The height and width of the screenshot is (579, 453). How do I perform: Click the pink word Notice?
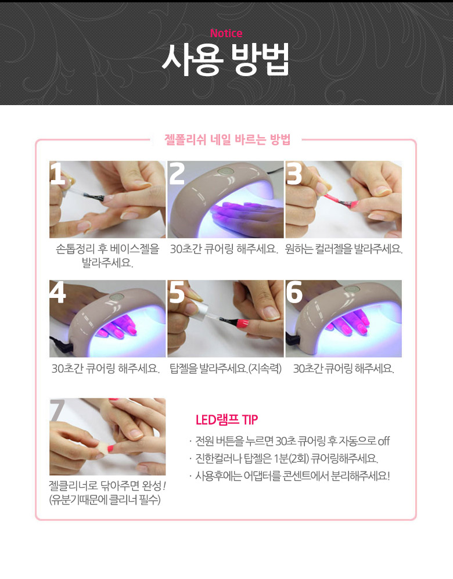click(226, 33)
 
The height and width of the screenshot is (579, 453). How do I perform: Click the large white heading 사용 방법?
click(225, 59)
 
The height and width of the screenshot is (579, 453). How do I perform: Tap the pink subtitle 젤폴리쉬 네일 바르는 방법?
click(227, 139)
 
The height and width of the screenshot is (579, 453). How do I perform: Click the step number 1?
click(57, 173)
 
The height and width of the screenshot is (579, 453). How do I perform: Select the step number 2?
click(177, 173)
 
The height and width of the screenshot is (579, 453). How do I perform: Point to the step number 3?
click(294, 174)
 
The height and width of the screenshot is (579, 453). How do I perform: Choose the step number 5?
click(177, 292)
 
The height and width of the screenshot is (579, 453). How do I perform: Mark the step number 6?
click(294, 292)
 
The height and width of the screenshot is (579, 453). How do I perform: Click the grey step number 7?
click(57, 410)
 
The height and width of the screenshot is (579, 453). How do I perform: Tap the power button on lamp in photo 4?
click(117, 297)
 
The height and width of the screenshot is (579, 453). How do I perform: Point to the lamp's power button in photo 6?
click(351, 289)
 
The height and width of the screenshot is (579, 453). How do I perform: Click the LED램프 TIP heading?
click(227, 420)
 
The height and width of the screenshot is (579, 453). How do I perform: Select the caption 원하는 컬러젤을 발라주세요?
click(344, 249)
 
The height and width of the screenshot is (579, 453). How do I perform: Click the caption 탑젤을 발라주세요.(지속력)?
click(225, 369)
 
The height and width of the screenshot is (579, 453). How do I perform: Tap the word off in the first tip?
click(383, 441)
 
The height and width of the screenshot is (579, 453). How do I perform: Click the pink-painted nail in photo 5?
click(242, 324)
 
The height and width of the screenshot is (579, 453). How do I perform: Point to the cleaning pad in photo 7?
click(103, 448)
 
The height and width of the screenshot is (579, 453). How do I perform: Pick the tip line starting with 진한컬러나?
click(286, 459)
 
